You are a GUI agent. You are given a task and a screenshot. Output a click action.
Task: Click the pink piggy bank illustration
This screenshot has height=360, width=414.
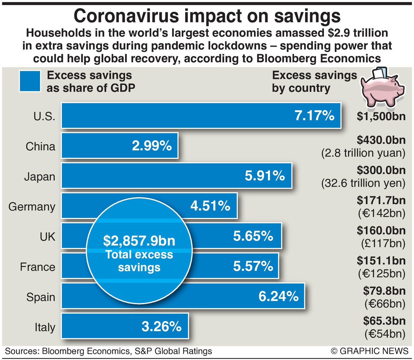pyautogui.click(x=382, y=88)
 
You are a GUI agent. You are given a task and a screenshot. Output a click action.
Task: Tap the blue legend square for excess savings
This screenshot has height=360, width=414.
pyautogui.click(x=30, y=81)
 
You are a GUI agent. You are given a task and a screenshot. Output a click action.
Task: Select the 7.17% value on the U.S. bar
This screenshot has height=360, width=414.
pyautogui.click(x=314, y=115)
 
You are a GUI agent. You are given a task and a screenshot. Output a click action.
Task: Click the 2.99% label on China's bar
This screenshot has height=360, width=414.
pyautogui.click(x=152, y=146)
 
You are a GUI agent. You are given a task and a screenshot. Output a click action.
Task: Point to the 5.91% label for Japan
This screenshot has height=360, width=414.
pyautogui.click(x=265, y=176)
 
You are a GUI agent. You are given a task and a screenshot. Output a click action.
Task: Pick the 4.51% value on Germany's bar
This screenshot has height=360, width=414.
pyautogui.click(x=210, y=206)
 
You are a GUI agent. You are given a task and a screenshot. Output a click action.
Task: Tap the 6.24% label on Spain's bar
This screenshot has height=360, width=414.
pyautogui.click(x=278, y=296)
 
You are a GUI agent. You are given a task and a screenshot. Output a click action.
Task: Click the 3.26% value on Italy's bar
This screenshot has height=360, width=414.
pyautogui.click(x=161, y=326)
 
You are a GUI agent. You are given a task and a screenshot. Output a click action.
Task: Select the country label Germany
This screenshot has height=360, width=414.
pyautogui.click(x=32, y=207)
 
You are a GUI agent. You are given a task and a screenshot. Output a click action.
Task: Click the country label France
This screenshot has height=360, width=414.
pyautogui.click(x=38, y=267)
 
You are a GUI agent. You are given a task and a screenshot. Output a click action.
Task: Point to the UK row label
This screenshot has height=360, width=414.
pyautogui.click(x=47, y=237)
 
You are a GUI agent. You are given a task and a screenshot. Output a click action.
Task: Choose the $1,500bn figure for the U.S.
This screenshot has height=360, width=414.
pyautogui.click(x=381, y=116)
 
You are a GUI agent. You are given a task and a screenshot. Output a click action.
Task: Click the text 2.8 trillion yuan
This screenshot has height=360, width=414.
pyautogui.click(x=363, y=153)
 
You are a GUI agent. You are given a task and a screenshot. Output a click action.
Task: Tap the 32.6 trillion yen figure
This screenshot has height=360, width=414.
pyautogui.click(x=363, y=183)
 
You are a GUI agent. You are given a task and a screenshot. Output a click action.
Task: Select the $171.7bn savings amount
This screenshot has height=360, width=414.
pyautogui.click(x=381, y=200)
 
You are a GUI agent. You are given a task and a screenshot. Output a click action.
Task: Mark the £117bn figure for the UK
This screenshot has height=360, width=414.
pyautogui.click(x=383, y=244)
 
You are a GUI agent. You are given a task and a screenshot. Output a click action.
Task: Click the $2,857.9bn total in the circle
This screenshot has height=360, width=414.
pyautogui.click(x=139, y=241)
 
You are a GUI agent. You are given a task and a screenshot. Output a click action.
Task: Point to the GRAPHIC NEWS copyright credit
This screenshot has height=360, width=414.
pyautogui.click(x=370, y=351)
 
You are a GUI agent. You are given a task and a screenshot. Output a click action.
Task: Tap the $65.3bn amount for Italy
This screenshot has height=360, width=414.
pyautogui.click(x=384, y=321)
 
